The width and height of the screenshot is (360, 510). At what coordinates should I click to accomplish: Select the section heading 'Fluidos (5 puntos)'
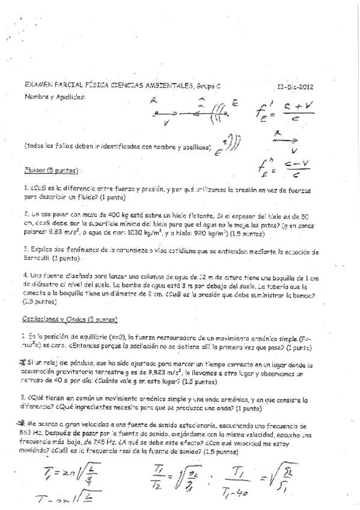click(x=51, y=170)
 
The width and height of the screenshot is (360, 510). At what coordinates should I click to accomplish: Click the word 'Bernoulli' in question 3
click(x=40, y=258)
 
